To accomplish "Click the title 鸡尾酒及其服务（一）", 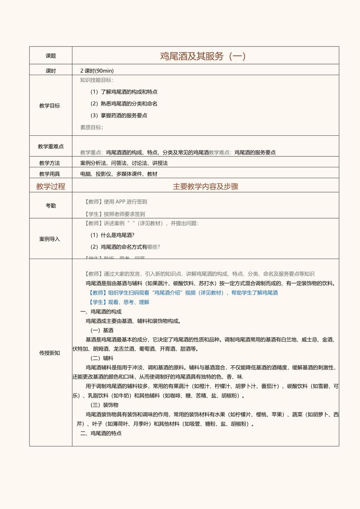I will (203, 56).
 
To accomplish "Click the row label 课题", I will (51, 56).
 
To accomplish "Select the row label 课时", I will (51, 71).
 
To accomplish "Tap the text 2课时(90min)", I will (97, 71).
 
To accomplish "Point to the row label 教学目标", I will (50, 106).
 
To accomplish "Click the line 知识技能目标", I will (97, 80).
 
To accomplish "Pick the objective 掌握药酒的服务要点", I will (119, 115).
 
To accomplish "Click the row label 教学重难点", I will (51, 146).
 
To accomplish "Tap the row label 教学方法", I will (50, 163).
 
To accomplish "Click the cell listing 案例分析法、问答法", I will (124, 163).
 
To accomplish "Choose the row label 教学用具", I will (50, 174).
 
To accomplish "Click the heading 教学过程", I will (51, 187).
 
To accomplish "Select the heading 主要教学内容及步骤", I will (205, 187).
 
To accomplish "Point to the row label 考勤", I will (51, 205).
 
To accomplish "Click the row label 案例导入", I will (50, 239).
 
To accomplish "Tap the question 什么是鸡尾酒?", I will (112, 235).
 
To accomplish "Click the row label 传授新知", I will (50, 353).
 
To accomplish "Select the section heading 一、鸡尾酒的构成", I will (101, 312).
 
